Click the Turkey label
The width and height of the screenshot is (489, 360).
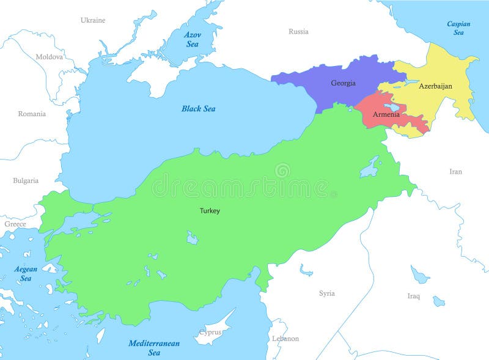[x=210, y=211]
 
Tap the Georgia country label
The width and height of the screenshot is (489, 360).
[x=343, y=83]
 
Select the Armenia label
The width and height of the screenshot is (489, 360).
[x=386, y=114]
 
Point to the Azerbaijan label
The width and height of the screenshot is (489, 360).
[x=435, y=86]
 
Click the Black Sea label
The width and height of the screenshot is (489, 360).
[x=199, y=109]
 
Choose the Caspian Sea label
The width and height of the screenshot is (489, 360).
[x=458, y=28]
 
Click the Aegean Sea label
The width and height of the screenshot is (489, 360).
[x=26, y=273]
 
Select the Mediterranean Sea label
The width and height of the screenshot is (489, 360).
[x=154, y=347]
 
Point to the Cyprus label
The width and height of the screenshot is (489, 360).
[x=210, y=333]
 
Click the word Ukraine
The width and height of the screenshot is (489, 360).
[x=93, y=20]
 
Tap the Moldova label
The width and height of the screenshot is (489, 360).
[x=49, y=57]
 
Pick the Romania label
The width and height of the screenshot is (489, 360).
[x=32, y=114]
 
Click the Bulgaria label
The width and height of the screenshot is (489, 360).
[x=26, y=180]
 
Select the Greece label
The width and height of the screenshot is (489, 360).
[x=15, y=224]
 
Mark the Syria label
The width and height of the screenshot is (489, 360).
[x=327, y=293]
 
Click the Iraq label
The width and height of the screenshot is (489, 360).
[x=414, y=296]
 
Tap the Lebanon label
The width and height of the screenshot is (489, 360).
[x=285, y=338]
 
